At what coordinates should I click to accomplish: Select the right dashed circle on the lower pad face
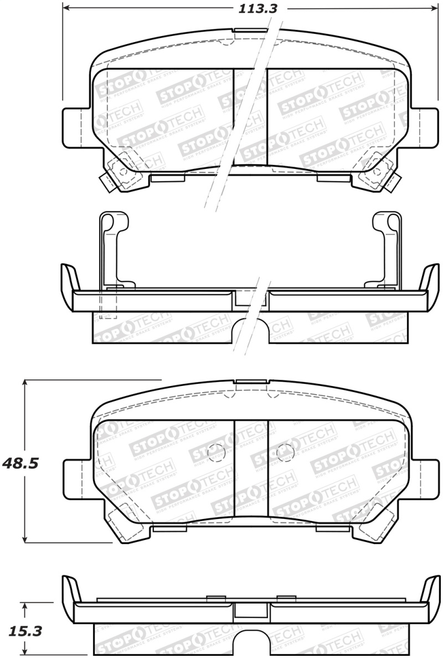pos(284,452)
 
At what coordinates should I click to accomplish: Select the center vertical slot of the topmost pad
pos(250,116)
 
